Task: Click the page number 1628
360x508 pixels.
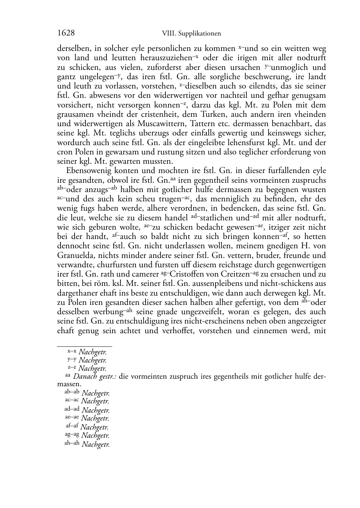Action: coord(66,33)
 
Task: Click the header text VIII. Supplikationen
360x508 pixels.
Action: coord(191,34)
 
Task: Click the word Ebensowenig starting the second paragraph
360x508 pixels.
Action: coord(86,171)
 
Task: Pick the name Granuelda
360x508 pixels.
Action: coord(74,255)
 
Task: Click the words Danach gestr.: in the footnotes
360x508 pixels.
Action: coord(95,377)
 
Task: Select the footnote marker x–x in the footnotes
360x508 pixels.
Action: coord(72,352)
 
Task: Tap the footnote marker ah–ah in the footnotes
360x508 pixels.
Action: coord(72,443)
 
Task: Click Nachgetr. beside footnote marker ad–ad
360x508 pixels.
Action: coord(95,410)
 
